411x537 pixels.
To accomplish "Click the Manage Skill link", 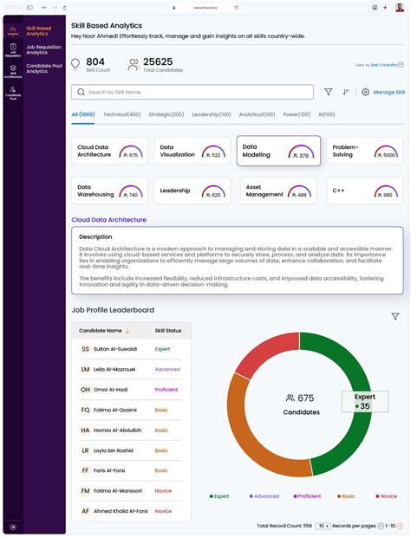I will (x=388, y=92).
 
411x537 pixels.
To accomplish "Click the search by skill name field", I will (x=192, y=92).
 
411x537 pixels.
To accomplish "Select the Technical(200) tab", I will (x=119, y=114).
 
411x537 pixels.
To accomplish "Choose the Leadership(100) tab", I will (x=211, y=114).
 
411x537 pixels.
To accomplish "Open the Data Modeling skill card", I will (x=278, y=151).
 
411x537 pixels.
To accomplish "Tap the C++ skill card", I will (x=364, y=191).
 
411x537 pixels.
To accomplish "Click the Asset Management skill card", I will (x=278, y=191).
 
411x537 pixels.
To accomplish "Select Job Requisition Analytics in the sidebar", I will (x=42, y=51).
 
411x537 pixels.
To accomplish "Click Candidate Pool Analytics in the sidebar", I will (x=42, y=68).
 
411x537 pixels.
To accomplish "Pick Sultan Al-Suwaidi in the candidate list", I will (x=114, y=349).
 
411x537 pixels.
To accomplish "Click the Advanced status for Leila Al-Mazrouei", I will (x=167, y=369).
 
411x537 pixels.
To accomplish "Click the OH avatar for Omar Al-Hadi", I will (x=85, y=390).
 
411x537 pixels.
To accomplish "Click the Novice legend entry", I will (x=386, y=496).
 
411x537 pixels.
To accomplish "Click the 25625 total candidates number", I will (x=157, y=61).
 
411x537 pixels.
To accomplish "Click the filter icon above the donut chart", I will (x=395, y=317).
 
